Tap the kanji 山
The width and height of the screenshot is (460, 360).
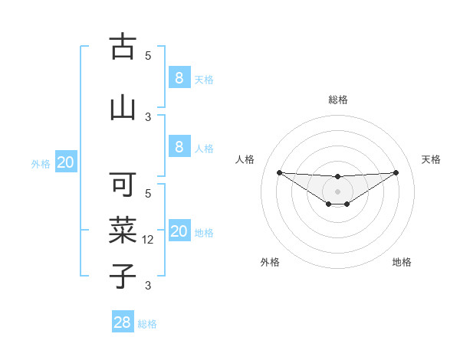(123, 106)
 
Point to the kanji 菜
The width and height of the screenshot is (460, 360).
(123, 230)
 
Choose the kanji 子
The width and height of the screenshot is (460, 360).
(123, 275)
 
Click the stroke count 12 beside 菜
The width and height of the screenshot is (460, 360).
(149, 240)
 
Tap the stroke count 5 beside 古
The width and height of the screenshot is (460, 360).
(149, 55)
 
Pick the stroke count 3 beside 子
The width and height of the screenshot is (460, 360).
(149, 286)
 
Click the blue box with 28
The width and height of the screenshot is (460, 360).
(123, 322)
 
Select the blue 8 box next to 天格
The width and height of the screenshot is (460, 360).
(179, 77)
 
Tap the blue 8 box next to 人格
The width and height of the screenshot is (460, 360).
(179, 147)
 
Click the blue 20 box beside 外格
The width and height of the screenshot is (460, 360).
(66, 162)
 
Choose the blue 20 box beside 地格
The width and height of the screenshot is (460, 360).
(179, 231)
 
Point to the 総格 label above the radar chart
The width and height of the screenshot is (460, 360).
(337, 100)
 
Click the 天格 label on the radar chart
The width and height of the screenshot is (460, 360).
(432, 159)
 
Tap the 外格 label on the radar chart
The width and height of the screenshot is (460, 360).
(270, 262)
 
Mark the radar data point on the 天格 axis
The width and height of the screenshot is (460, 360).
(396, 172)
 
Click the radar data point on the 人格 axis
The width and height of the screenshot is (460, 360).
(279, 172)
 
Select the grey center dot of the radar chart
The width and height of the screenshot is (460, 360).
(337, 191)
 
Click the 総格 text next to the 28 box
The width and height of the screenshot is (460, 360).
(147, 324)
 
